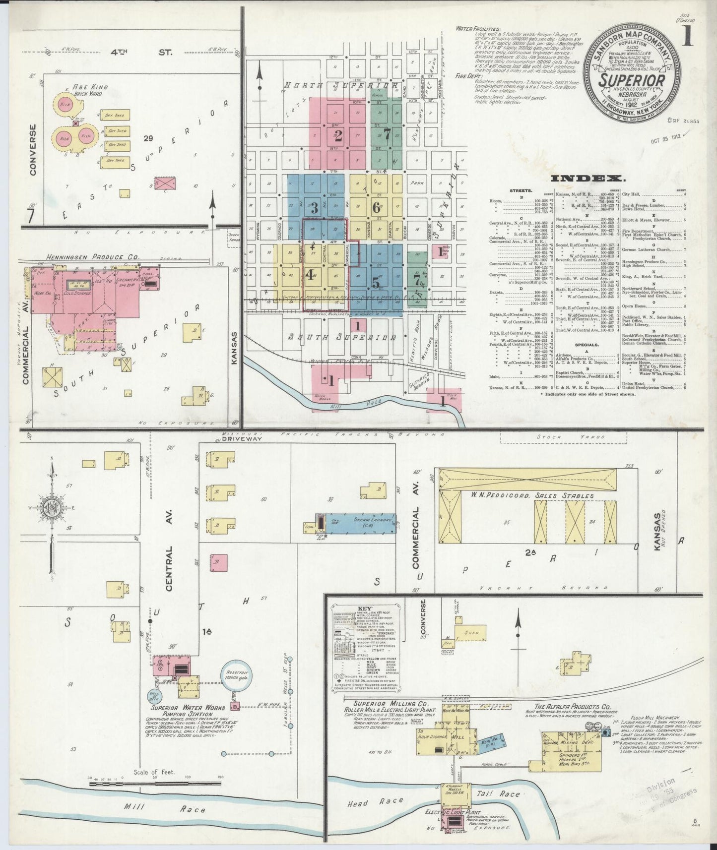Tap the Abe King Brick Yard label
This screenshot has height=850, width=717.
[89, 90]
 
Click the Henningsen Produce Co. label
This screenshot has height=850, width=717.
[93, 257]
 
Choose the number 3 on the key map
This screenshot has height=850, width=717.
[314, 208]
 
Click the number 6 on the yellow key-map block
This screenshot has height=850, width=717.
[376, 207]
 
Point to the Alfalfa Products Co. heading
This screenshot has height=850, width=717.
[572, 707]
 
